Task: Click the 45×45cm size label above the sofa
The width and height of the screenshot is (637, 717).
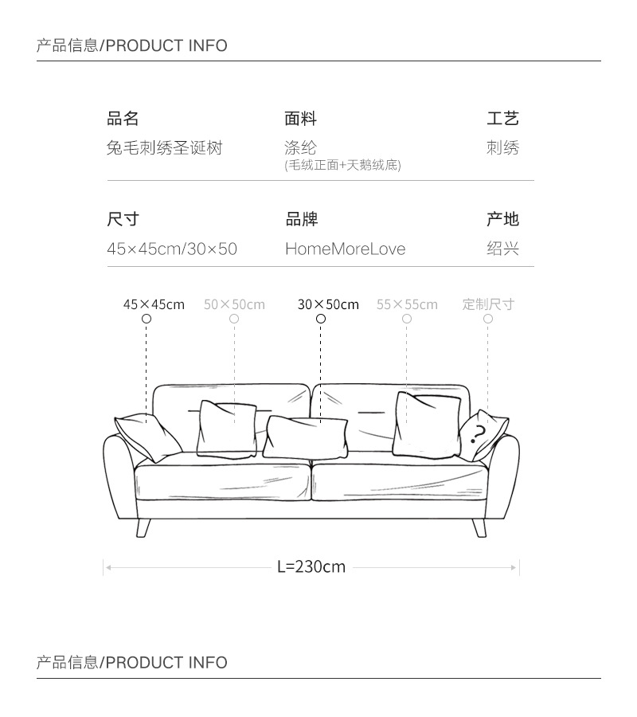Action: pos(154,304)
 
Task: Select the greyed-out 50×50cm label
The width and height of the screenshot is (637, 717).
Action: pos(234,304)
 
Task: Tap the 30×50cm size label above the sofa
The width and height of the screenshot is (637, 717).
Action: pos(328,304)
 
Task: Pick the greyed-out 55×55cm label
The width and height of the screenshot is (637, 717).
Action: pos(407,304)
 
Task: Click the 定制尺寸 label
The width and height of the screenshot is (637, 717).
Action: pos(488,304)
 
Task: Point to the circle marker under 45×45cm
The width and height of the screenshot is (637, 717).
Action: pos(147,319)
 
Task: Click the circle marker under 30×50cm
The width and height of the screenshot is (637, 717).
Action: pos(321,319)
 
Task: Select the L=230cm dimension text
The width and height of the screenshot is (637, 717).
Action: pos(311,567)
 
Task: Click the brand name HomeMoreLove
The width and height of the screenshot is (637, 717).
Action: pos(345,249)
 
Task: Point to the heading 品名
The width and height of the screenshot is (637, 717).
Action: pos(123,119)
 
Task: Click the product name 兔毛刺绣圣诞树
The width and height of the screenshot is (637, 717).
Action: pos(164,148)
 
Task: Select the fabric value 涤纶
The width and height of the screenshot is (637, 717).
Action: pos(300,148)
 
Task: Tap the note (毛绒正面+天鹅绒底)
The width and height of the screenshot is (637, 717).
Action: pos(342,166)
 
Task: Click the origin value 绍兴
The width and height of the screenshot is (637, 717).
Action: pos(502,249)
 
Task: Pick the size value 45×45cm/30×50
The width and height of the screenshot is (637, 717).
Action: pos(172,249)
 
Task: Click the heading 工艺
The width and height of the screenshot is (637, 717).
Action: pos(502,119)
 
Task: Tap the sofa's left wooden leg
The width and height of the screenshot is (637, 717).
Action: pos(144,526)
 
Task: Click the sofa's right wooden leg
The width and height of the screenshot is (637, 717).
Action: pos(479,526)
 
